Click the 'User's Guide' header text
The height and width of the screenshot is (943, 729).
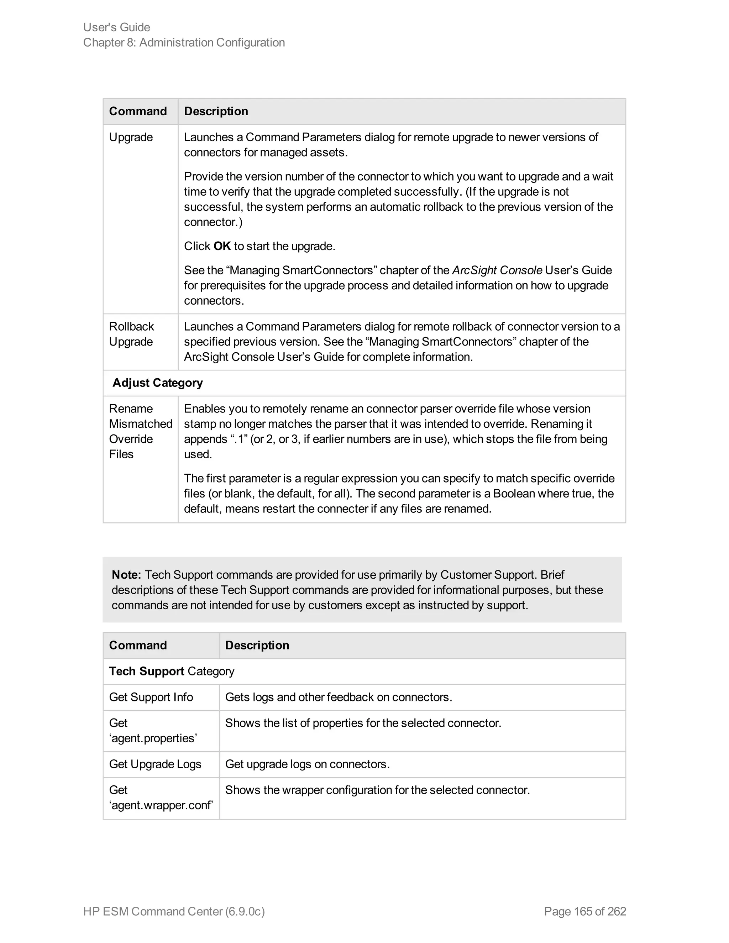point(117,27)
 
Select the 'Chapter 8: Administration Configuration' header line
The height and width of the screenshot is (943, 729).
point(184,42)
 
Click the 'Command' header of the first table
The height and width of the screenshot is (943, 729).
point(138,111)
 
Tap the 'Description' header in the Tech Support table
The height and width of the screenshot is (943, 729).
point(257,645)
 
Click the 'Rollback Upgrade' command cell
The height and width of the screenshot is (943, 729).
point(131,334)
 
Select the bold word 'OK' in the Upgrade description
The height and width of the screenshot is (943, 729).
point(222,246)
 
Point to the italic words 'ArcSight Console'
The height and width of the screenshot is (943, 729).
point(497,270)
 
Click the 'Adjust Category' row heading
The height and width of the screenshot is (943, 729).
point(158,383)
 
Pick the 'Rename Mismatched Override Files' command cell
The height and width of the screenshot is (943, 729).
point(140,431)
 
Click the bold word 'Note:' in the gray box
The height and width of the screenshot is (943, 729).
point(126,575)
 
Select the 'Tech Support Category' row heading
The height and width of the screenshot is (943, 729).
point(172,671)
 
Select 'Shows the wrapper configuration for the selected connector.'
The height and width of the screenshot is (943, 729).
point(377,790)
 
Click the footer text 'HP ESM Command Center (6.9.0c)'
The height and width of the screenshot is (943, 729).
point(174,911)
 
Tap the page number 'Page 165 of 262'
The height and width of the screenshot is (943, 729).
point(585,911)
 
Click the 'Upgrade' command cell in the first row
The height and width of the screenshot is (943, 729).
point(131,137)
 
